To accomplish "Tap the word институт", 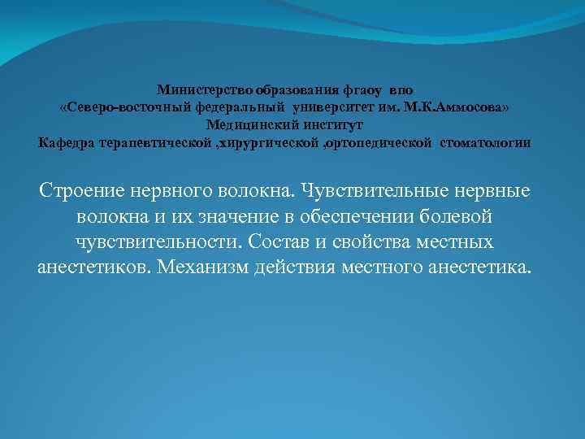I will [336, 125].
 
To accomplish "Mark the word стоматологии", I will [487, 143].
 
